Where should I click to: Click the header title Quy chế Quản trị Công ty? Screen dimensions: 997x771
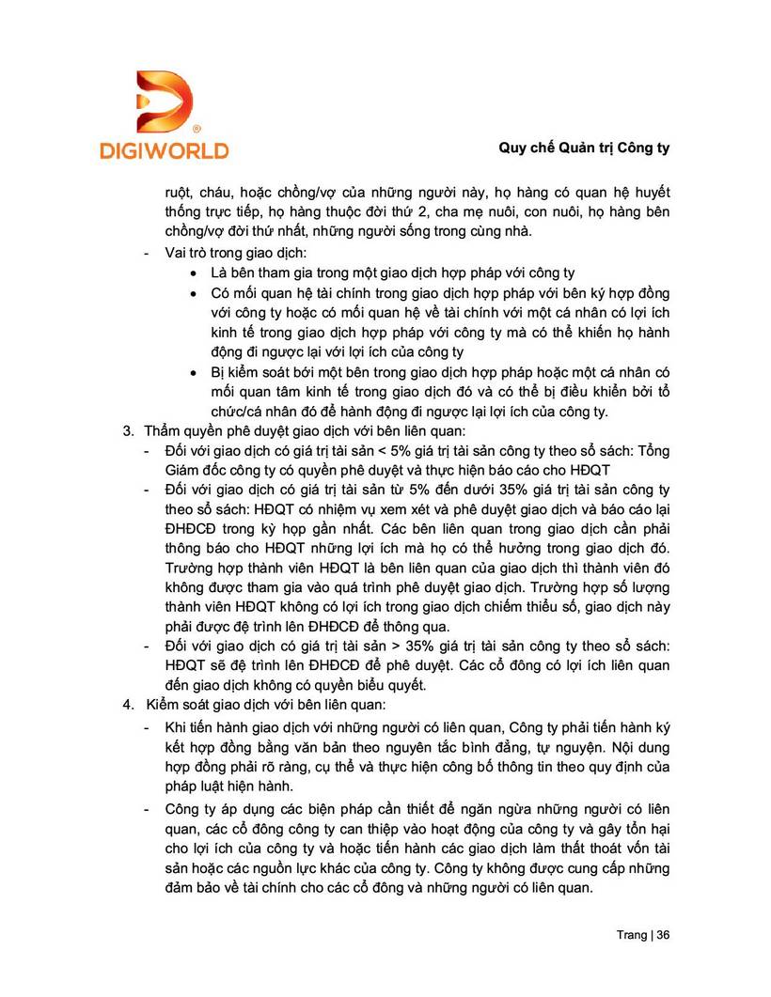(584, 148)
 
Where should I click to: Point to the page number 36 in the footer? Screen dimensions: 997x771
(663, 935)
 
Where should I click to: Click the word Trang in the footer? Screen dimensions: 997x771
(631, 935)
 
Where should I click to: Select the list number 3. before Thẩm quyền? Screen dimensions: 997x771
(129, 432)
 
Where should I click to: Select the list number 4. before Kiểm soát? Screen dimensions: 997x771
(129, 705)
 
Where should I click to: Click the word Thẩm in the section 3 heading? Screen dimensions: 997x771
(163, 432)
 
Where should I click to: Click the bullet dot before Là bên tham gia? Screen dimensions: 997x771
(194, 274)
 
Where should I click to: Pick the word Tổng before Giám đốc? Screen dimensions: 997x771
(650, 451)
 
